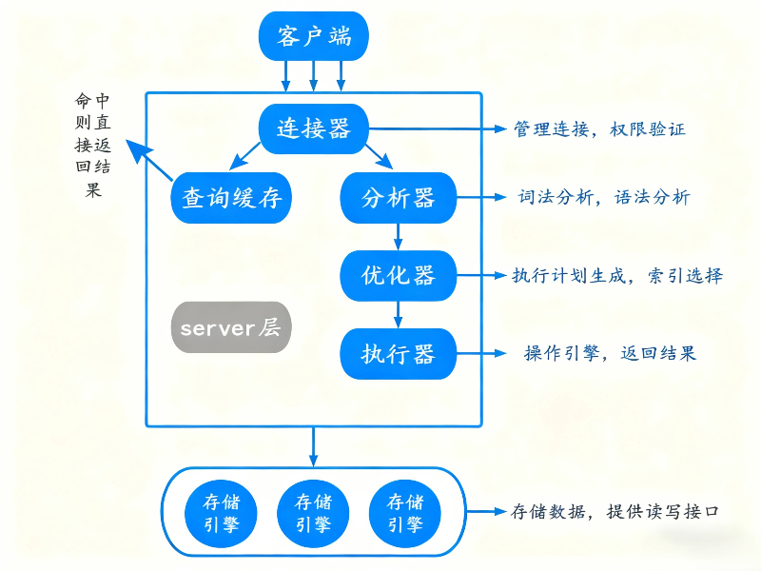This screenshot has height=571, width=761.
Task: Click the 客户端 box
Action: [x=313, y=37]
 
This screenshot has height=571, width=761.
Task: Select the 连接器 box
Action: [x=313, y=128]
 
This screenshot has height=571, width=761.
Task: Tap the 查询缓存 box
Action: [x=230, y=198]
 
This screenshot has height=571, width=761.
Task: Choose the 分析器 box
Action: [x=398, y=198]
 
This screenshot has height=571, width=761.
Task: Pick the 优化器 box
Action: [x=398, y=275]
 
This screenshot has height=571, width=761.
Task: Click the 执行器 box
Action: [x=398, y=354]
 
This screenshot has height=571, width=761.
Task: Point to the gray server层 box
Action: [x=230, y=328]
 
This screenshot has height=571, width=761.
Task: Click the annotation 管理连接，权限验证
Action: [x=599, y=128]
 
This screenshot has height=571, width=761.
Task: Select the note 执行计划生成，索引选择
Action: [x=617, y=276]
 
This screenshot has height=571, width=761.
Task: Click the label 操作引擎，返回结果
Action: [x=610, y=353]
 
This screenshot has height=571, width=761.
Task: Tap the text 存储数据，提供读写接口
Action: [x=617, y=512]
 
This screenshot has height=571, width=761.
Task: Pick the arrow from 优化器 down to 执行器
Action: [x=399, y=314]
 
